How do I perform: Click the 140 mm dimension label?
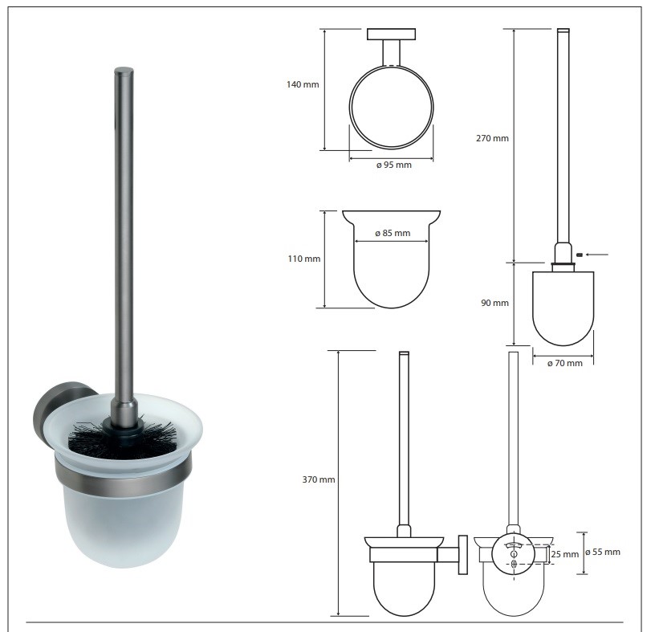(303, 84)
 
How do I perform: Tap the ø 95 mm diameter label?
(393, 165)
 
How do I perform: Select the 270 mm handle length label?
(492, 138)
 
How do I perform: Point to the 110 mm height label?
(304, 259)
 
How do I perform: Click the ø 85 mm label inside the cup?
(393, 234)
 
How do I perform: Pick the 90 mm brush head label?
(494, 303)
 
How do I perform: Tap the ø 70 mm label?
(564, 363)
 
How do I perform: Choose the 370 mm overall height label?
(319, 479)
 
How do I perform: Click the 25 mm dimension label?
(564, 554)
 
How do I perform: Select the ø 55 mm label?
(603, 552)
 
